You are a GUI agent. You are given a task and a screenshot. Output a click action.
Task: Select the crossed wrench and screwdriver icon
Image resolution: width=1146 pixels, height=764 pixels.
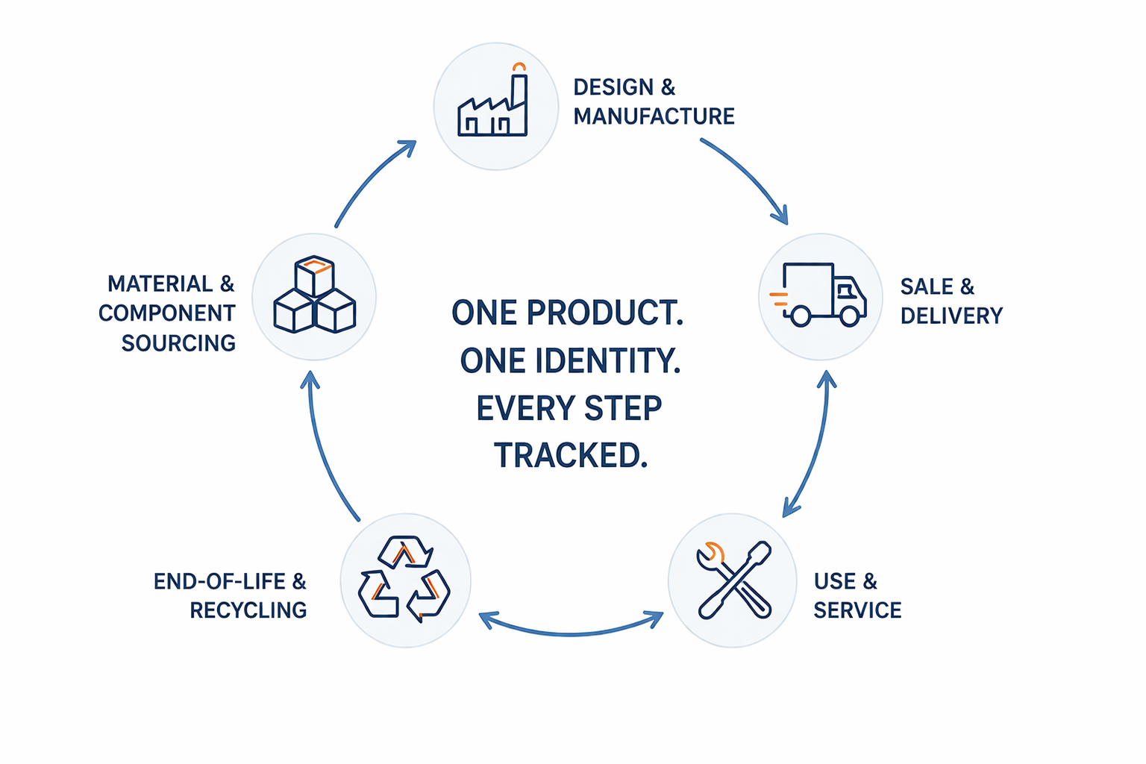coord(733,580)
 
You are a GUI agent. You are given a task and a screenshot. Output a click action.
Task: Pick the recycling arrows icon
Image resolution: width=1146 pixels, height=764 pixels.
coord(404,580)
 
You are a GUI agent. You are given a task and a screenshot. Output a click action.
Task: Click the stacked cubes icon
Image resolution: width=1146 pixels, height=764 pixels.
coord(314,295)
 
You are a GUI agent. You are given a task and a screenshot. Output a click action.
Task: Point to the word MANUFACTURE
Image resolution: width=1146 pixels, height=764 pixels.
coord(654,116)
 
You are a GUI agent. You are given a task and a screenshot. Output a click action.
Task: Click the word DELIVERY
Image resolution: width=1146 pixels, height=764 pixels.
coord(951,316)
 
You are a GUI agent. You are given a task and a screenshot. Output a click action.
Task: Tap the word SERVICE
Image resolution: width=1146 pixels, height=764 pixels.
coord(857,610)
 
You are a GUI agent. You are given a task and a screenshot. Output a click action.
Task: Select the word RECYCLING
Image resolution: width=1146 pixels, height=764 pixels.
coord(248,610)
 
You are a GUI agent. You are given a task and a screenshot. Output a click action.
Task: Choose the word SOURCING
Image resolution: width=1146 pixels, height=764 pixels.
coord(178,343)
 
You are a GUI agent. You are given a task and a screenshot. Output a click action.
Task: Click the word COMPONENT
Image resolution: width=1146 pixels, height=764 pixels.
coord(167,313)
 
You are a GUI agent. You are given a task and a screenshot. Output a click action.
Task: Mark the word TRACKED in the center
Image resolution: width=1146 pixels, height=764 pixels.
coord(570,455)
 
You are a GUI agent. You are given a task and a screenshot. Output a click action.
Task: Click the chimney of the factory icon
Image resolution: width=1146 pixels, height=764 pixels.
coord(519,97)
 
